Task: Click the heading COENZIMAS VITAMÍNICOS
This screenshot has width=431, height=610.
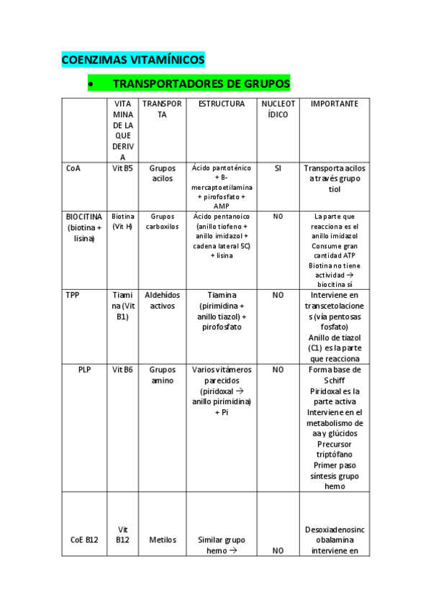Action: (x=133, y=60)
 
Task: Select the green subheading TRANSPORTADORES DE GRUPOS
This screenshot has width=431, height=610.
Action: (x=201, y=84)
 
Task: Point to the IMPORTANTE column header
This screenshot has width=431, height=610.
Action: (x=334, y=104)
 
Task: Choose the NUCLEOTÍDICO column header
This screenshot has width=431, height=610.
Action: (x=278, y=109)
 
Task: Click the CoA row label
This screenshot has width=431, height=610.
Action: (x=73, y=168)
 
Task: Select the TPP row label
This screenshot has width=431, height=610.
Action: (x=73, y=295)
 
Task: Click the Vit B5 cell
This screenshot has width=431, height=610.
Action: (x=123, y=168)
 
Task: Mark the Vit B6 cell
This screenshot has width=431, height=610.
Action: (x=123, y=370)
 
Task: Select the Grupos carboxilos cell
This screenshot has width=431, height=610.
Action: (x=162, y=221)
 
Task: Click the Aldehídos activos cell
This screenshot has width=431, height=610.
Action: (x=162, y=300)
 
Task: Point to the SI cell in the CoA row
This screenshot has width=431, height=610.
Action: (x=278, y=168)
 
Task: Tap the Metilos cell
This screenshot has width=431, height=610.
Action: (x=162, y=540)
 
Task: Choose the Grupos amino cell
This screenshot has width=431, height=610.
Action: (x=162, y=375)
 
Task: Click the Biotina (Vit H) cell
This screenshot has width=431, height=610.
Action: (x=123, y=221)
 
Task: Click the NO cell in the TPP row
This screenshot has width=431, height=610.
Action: (x=278, y=295)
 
